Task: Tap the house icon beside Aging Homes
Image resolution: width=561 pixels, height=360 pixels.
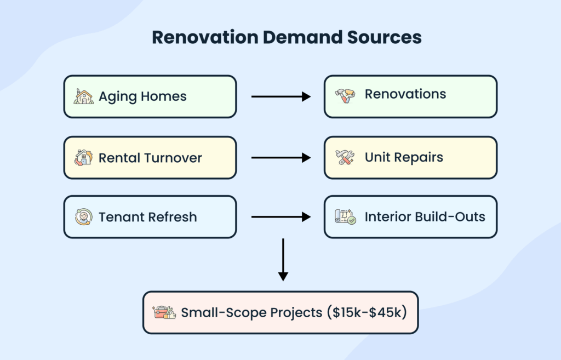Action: (x=83, y=96)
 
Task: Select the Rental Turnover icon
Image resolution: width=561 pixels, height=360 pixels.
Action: (x=83, y=158)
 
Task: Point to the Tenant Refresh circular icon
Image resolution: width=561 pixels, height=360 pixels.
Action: (x=83, y=217)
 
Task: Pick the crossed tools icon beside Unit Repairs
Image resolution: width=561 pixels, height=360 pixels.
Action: (x=345, y=158)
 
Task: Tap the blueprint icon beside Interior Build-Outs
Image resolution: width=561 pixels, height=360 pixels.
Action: (x=345, y=217)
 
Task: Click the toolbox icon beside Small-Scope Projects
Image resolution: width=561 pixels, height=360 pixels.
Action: (x=164, y=313)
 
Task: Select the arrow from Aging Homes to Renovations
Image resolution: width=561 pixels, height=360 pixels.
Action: (x=281, y=96)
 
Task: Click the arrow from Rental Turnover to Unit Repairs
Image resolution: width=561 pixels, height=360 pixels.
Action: (x=281, y=158)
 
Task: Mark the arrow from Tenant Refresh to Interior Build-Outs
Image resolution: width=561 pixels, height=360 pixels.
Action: (x=281, y=217)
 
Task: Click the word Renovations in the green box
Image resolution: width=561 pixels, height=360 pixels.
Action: (x=405, y=94)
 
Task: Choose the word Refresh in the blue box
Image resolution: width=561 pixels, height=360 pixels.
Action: (x=170, y=217)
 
